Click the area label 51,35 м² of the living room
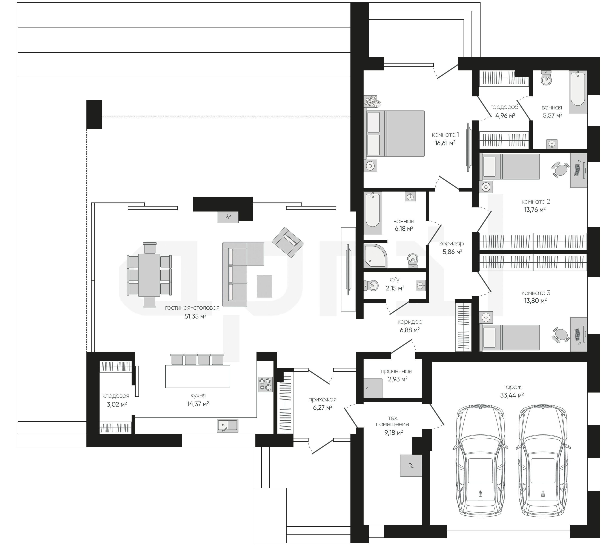pyautogui.click(x=195, y=316)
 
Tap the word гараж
pyautogui.click(x=512, y=387)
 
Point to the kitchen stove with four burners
pyautogui.click(x=265, y=384)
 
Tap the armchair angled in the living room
pyautogui.click(x=288, y=242)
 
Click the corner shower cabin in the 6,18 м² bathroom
pyautogui.click(x=375, y=256)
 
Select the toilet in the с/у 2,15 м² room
pyautogui.click(x=371, y=285)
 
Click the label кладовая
pyautogui.click(x=116, y=396)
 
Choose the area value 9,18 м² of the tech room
pyautogui.click(x=393, y=433)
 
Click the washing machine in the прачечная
pyautogui.click(x=373, y=388)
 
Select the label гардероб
pyautogui.click(x=504, y=107)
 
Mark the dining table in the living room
pyautogui.click(x=149, y=275)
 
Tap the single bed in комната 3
pyautogui.click(x=511, y=338)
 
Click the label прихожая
pyautogui.click(x=322, y=399)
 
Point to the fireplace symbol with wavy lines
pyautogui.click(x=228, y=217)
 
